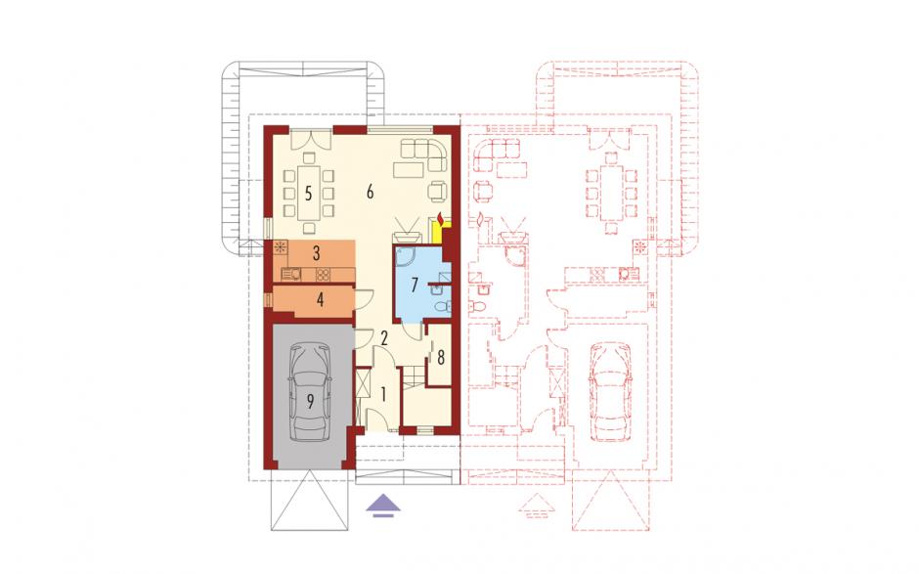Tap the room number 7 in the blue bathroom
(x=415, y=286)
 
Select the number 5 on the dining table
(x=308, y=193)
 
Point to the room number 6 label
(x=370, y=192)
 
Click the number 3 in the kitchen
(x=317, y=254)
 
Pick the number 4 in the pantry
(x=320, y=300)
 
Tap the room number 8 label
(x=441, y=357)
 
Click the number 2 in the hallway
(x=384, y=337)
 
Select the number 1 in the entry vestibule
(x=383, y=394)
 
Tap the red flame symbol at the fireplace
(x=441, y=219)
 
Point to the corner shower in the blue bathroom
(x=406, y=257)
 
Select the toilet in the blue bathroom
(x=443, y=305)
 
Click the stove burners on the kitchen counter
(x=324, y=274)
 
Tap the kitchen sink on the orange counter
(x=292, y=274)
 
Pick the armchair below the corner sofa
(x=437, y=191)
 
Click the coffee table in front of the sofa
(x=409, y=169)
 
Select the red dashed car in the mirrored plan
(x=609, y=392)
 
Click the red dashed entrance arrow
(x=536, y=506)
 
